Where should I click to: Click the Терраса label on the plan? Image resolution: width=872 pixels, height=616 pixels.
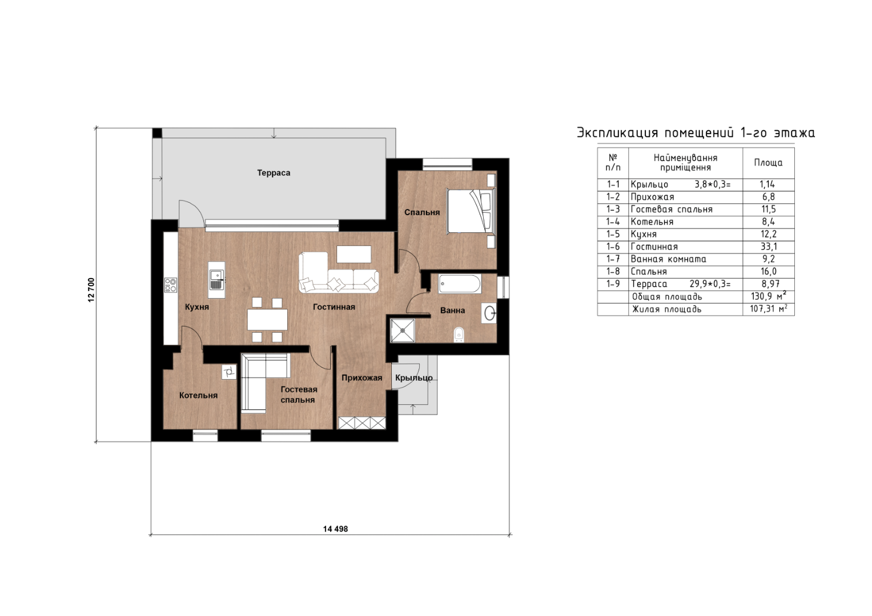click(x=274, y=173)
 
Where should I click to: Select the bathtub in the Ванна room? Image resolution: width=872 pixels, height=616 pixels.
click(x=459, y=284)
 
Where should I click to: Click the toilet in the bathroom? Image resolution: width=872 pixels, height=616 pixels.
click(x=459, y=335)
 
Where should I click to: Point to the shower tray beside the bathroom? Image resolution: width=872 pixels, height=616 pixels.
click(x=403, y=331)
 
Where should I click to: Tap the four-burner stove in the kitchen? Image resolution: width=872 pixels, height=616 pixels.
click(x=171, y=285)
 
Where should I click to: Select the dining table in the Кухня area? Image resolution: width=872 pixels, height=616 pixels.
click(x=267, y=320)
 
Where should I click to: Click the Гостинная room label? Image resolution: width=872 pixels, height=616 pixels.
click(x=334, y=307)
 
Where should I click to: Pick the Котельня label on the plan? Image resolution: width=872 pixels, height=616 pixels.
click(x=198, y=396)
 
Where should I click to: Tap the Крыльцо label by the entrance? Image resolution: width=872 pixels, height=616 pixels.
click(x=414, y=378)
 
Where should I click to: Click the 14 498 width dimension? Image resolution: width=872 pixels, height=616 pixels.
click(x=335, y=529)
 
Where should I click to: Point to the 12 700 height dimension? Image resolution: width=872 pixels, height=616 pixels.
click(x=91, y=290)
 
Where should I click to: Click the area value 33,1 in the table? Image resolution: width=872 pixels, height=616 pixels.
click(x=769, y=247)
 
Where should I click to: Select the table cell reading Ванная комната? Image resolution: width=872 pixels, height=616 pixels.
click(x=668, y=259)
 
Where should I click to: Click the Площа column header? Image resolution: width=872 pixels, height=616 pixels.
click(x=769, y=163)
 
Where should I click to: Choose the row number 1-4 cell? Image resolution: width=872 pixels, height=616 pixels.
click(x=613, y=222)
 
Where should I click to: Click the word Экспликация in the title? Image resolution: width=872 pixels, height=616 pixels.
click(x=617, y=132)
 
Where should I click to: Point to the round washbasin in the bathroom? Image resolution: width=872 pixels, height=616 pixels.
click(x=490, y=313)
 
